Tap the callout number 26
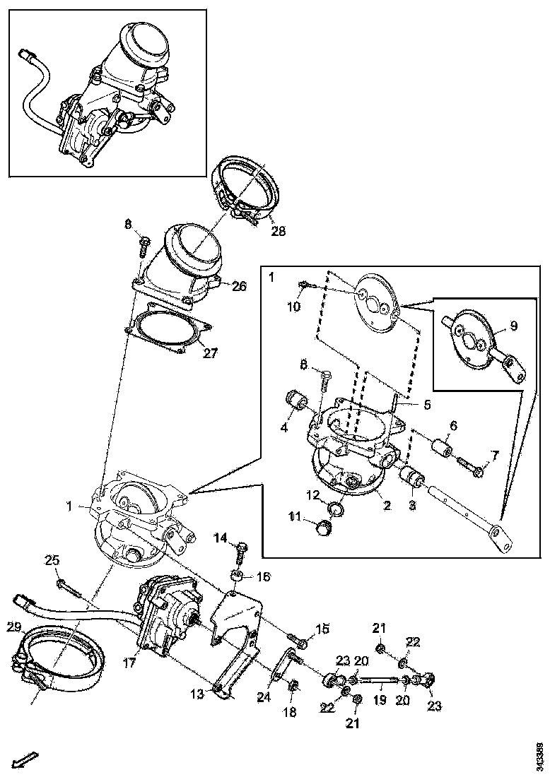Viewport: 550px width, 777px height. point(238,286)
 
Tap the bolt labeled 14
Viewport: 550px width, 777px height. point(240,549)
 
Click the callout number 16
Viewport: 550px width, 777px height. point(262,576)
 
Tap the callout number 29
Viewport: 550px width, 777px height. point(13,627)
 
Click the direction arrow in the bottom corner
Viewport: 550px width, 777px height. point(27,760)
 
